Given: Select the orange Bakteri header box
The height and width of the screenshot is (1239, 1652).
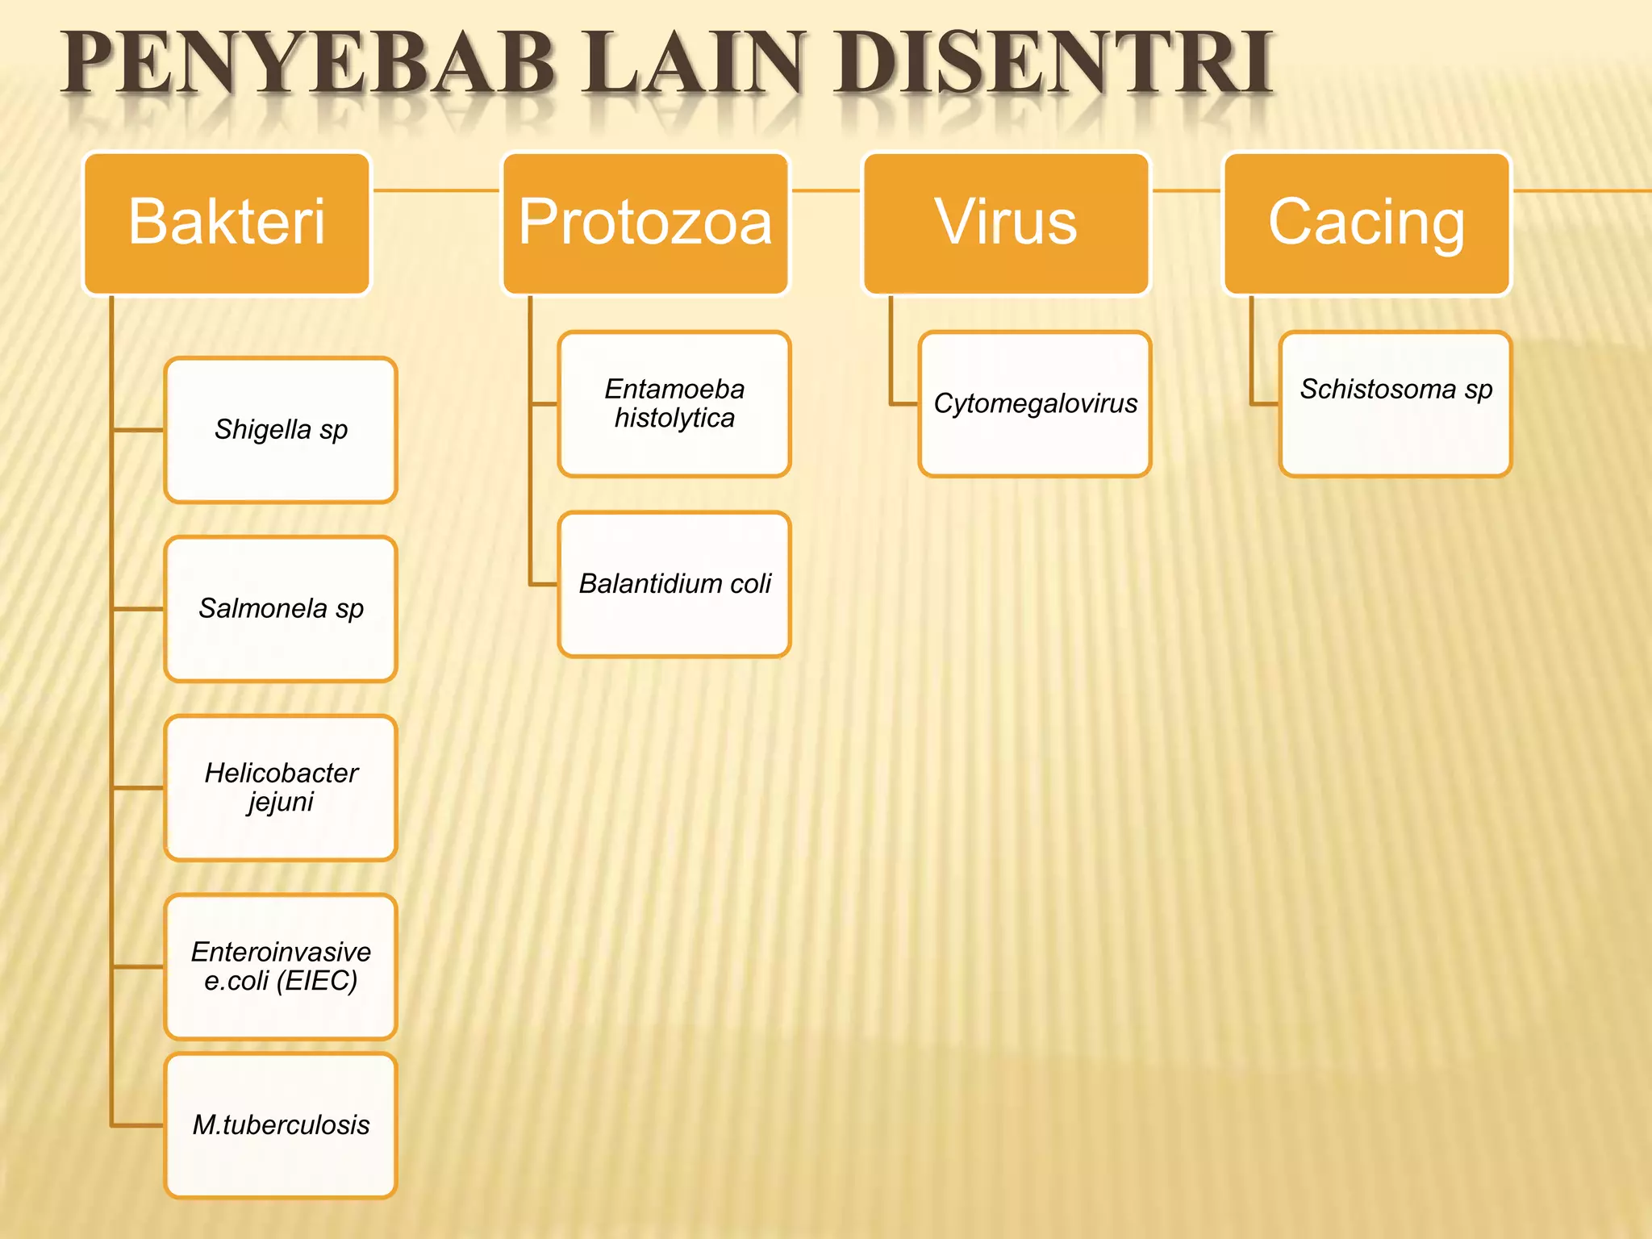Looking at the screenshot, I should pyautogui.click(x=227, y=223).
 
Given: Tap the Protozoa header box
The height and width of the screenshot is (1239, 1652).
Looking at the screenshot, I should pyautogui.click(x=645, y=223).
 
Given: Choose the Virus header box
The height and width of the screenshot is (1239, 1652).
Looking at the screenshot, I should pyautogui.click(x=1006, y=223).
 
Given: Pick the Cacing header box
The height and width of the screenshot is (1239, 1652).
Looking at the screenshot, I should pyautogui.click(x=1366, y=223).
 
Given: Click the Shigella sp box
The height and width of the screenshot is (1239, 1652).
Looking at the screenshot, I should pyautogui.click(x=281, y=430).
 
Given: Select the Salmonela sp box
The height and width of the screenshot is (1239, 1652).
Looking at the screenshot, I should pyautogui.click(x=281, y=609).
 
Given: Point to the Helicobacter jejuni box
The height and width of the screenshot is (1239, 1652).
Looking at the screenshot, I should pyautogui.click(x=281, y=787).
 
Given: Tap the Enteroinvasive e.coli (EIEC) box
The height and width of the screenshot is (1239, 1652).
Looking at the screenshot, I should pyautogui.click(x=281, y=966).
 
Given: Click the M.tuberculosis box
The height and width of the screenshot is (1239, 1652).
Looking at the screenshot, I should pyautogui.click(x=281, y=1124).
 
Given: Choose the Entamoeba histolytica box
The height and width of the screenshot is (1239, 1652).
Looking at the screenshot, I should pyautogui.click(x=674, y=403).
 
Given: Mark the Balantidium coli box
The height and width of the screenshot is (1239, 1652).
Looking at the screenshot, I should pyautogui.click(x=674, y=584).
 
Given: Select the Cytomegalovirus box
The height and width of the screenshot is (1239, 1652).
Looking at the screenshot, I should pyautogui.click(x=1035, y=403).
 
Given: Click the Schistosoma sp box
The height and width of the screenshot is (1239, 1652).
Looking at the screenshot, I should pyautogui.click(x=1395, y=403).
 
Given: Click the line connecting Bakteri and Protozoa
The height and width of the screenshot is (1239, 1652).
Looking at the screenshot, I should pyautogui.click(x=436, y=190).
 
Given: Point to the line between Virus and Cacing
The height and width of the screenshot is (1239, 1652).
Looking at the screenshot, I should pyautogui.click(x=1186, y=190).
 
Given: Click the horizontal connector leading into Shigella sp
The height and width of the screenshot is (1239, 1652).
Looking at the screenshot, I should pyautogui.click(x=139, y=430).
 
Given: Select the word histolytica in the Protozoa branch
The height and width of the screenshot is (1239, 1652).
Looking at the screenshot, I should pyautogui.click(x=674, y=419).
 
